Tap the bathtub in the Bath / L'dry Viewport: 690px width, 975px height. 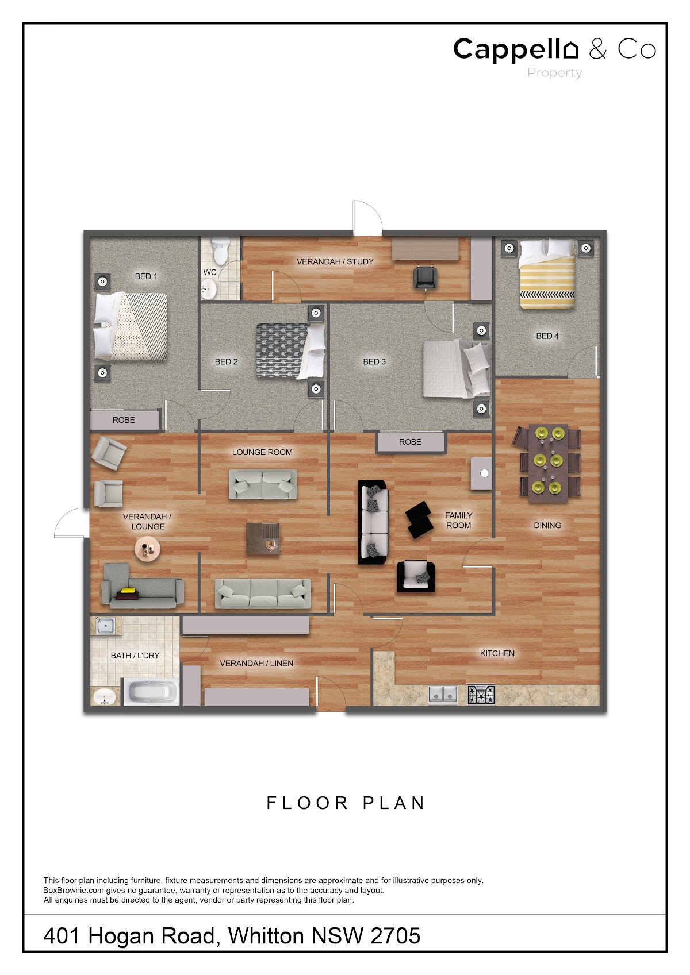[151, 691]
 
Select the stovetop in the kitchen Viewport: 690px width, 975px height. [481, 694]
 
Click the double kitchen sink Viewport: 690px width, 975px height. [443, 694]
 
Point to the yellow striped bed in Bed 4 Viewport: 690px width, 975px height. [547, 274]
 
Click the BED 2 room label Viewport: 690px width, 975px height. [226, 362]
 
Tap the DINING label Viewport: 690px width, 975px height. [547, 525]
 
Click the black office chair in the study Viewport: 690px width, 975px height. [425, 278]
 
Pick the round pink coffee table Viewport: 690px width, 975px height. [147, 549]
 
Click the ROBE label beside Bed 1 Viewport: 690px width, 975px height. [124, 420]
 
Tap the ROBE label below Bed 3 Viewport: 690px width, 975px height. [410, 442]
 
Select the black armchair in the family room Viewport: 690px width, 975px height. [416, 576]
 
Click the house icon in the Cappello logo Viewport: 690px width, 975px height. [570, 49]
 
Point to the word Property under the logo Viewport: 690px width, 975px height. [554, 73]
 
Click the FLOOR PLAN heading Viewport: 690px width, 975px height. [346, 803]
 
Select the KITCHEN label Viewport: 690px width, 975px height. [497, 653]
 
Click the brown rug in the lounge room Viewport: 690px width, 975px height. [262, 539]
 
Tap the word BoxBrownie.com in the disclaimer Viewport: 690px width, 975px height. [73, 891]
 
